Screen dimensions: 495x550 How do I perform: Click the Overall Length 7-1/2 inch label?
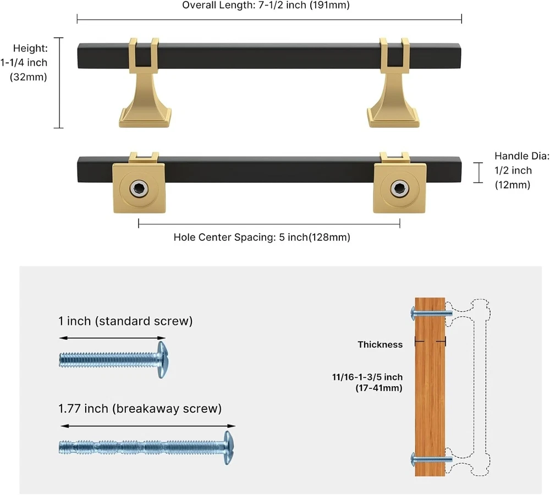[266, 6]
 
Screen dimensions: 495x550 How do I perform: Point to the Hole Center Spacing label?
[262, 238]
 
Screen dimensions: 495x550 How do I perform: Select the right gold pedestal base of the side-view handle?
[393, 110]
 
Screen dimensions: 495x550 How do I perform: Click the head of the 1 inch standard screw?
[162, 360]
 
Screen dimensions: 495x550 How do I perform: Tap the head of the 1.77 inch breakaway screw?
[228, 447]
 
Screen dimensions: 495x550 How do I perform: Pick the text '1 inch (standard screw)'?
[125, 321]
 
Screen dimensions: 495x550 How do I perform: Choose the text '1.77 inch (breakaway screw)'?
[140, 409]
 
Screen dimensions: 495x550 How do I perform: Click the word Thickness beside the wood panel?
[380, 344]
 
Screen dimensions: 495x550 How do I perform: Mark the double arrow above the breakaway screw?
[147, 426]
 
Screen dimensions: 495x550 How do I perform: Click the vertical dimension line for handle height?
[59, 82]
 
